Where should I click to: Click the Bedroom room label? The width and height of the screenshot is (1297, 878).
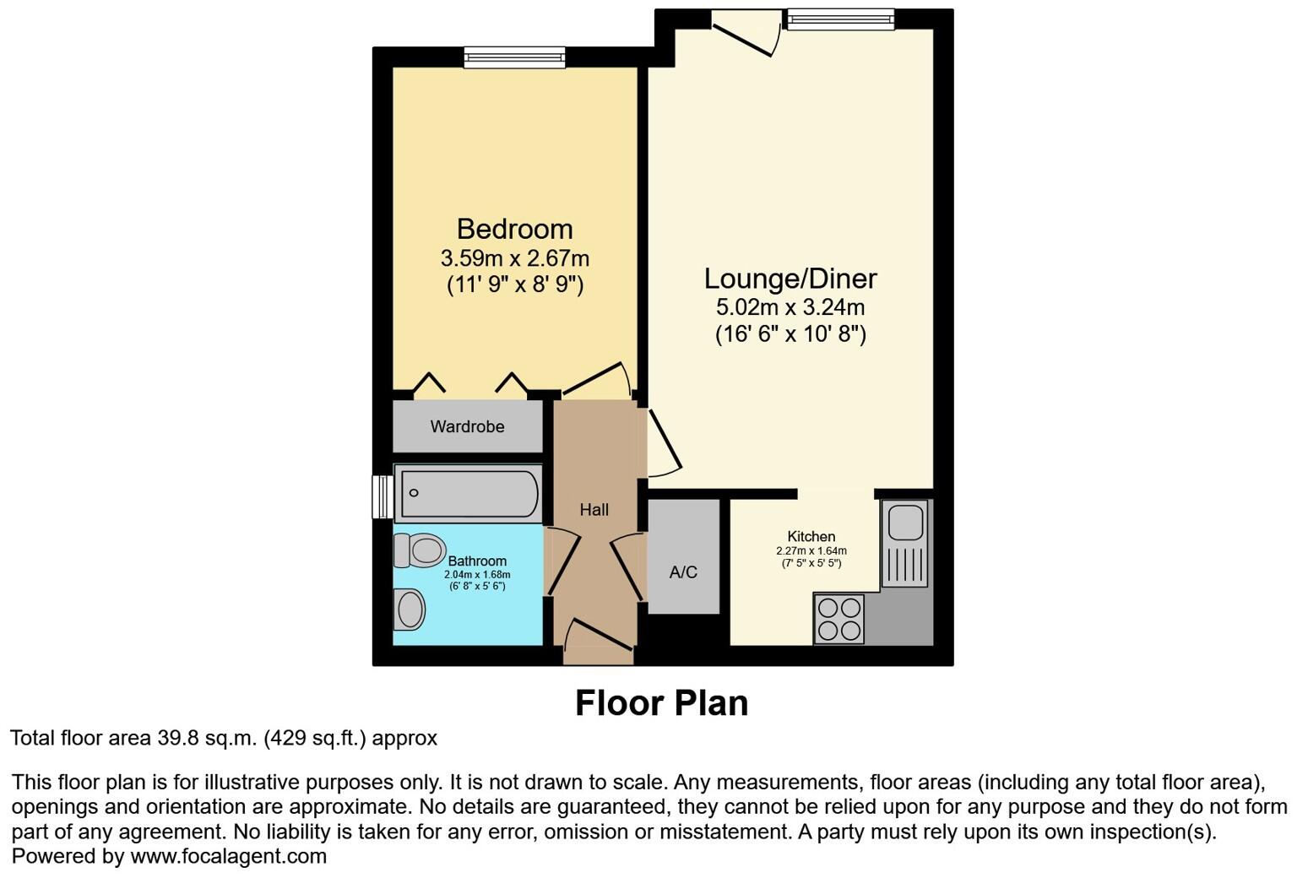click(x=515, y=229)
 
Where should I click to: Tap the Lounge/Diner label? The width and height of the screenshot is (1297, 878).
click(x=790, y=279)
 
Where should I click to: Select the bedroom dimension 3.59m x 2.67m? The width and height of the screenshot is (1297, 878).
click(x=515, y=258)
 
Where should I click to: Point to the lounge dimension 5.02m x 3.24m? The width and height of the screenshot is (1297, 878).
click(x=790, y=306)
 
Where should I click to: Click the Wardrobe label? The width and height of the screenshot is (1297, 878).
click(x=467, y=426)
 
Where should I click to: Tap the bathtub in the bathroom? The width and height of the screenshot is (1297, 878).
click(x=469, y=493)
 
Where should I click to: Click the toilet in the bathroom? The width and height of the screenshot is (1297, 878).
click(x=419, y=550)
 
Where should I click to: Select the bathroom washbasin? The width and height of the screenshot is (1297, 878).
click(x=410, y=610)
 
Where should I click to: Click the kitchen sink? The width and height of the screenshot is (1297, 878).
click(x=904, y=544)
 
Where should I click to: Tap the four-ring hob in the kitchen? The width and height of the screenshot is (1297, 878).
click(x=839, y=619)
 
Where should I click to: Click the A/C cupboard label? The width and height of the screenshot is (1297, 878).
click(x=683, y=572)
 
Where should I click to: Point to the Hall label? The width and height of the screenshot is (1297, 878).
click(x=594, y=509)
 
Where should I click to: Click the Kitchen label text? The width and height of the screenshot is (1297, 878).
click(x=811, y=537)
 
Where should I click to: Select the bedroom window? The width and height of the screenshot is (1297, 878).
click(x=514, y=57)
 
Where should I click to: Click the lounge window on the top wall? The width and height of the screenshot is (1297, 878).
click(x=840, y=19)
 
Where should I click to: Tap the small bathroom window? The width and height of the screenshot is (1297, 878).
click(x=383, y=496)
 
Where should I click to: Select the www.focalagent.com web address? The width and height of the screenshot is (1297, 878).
click(x=229, y=856)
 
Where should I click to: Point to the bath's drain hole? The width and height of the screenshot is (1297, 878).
click(x=414, y=493)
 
